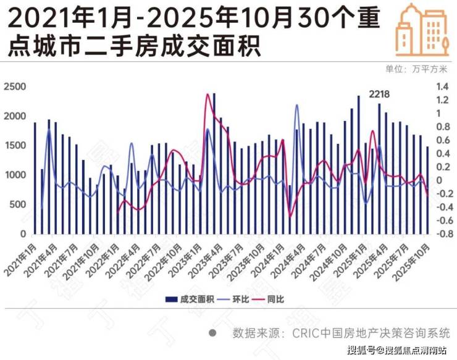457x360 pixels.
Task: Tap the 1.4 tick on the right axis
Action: pyautogui.click(x=443, y=87)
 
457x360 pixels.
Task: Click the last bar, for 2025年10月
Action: pyautogui.click(x=427, y=190)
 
